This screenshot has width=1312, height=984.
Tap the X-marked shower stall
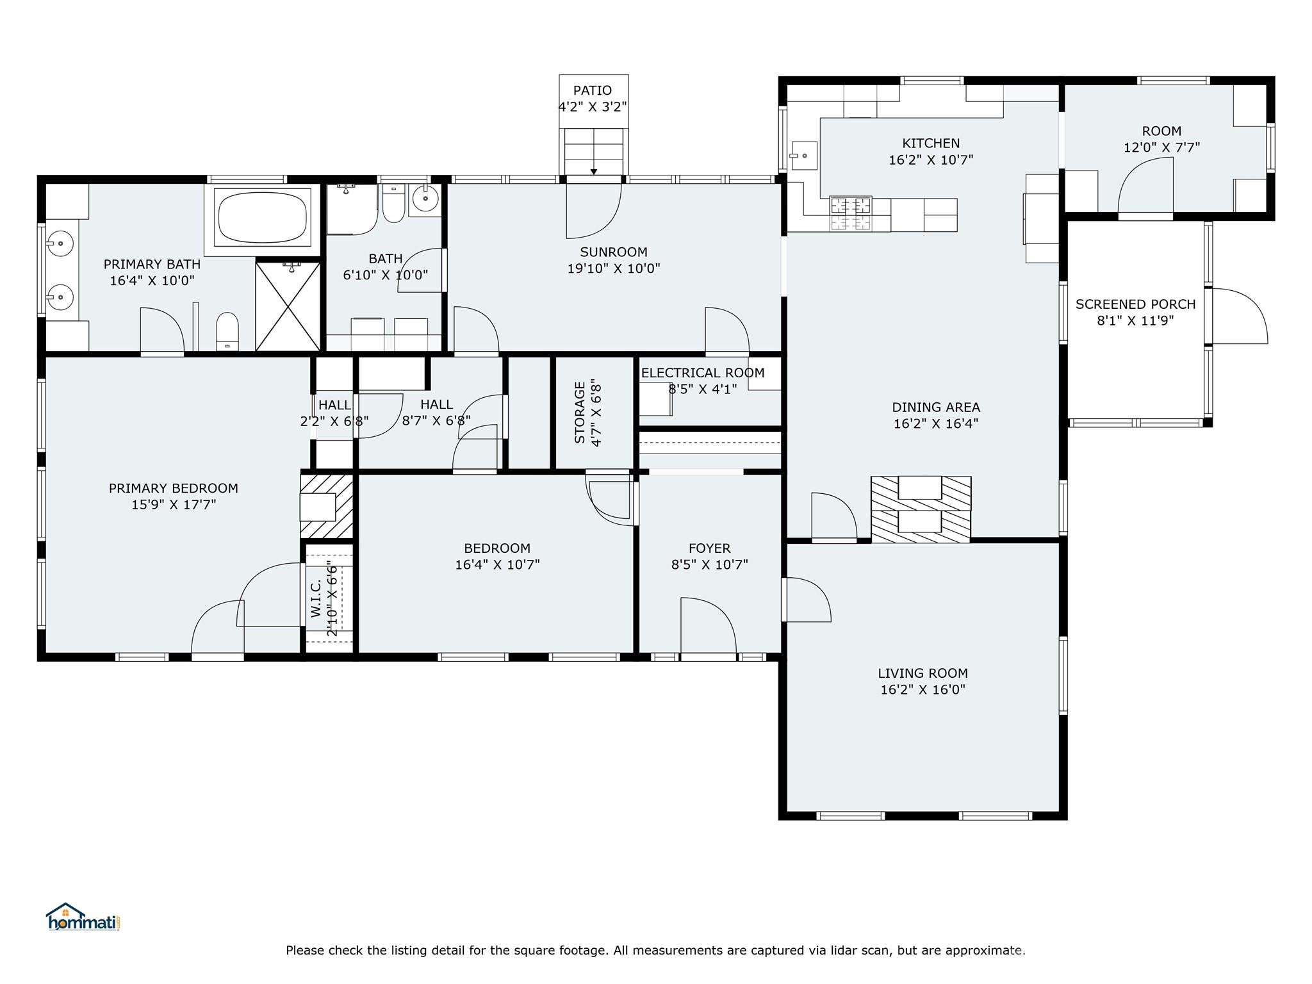(x=288, y=306)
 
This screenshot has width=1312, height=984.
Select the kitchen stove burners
(x=851, y=213)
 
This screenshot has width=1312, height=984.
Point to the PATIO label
(x=593, y=90)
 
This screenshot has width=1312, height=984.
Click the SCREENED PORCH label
(x=1135, y=304)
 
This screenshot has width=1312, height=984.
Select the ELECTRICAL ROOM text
(x=703, y=373)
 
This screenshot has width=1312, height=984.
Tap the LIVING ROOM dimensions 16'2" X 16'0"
(x=922, y=689)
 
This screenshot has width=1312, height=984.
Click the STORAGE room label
(x=580, y=413)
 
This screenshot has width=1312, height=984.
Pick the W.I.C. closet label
(x=316, y=599)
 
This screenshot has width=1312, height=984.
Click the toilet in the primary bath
(x=227, y=331)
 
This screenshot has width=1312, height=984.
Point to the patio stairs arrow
(x=594, y=172)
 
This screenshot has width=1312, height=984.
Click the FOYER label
(x=709, y=548)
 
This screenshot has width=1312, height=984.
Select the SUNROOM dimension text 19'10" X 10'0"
(x=614, y=268)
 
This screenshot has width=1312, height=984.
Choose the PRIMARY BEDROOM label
(x=173, y=488)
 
